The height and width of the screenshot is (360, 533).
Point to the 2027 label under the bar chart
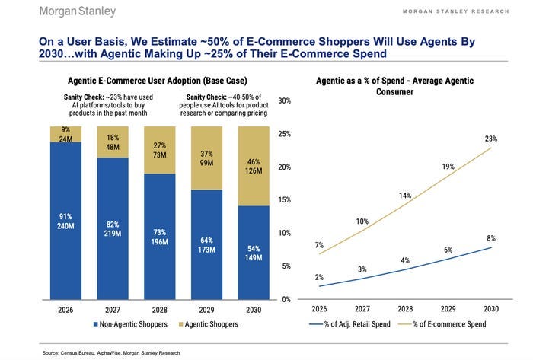(113, 311)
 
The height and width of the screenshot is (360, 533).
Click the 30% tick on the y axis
(286, 100)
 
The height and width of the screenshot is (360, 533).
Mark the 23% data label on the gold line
(490, 139)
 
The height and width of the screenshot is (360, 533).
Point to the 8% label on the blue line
(490, 238)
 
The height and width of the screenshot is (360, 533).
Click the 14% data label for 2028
(404, 196)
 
